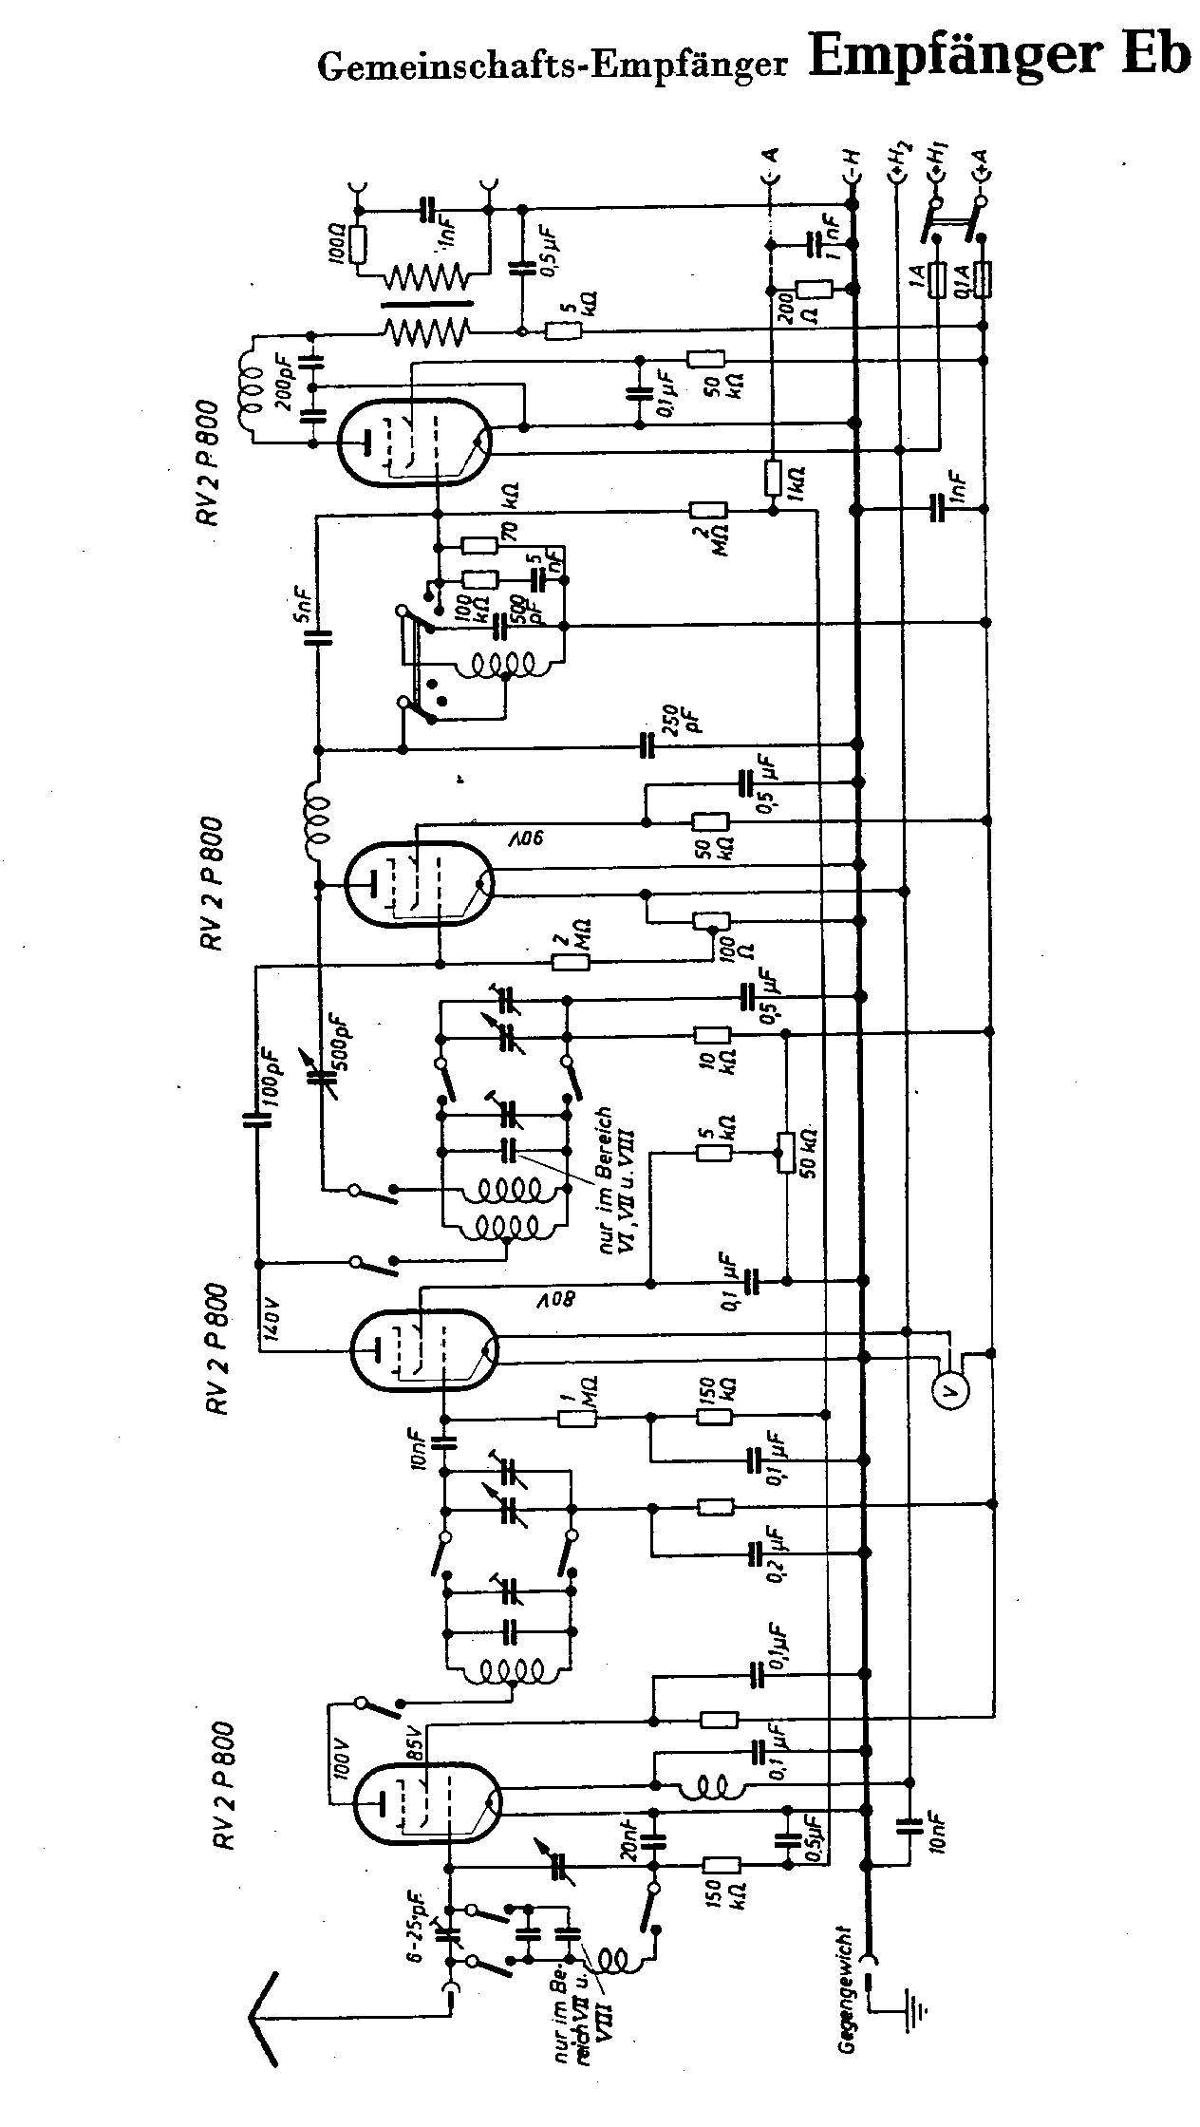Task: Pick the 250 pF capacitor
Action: (648, 745)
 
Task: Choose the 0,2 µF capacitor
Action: (757, 1552)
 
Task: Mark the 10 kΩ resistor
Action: (711, 1035)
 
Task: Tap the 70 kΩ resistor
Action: (478, 546)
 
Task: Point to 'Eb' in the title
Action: (1153, 55)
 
